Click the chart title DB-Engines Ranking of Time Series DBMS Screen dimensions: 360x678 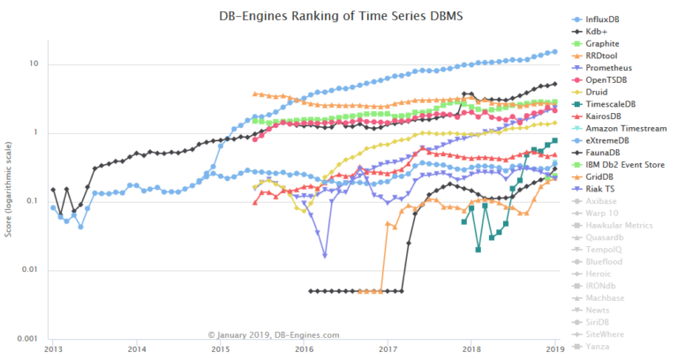[311, 17]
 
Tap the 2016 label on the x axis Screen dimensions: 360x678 [304, 349]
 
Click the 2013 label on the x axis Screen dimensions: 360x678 [51, 349]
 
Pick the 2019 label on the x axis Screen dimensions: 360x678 [554, 349]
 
